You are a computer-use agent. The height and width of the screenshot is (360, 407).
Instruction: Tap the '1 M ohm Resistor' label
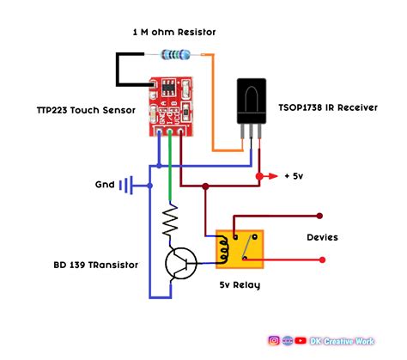click(174, 32)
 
